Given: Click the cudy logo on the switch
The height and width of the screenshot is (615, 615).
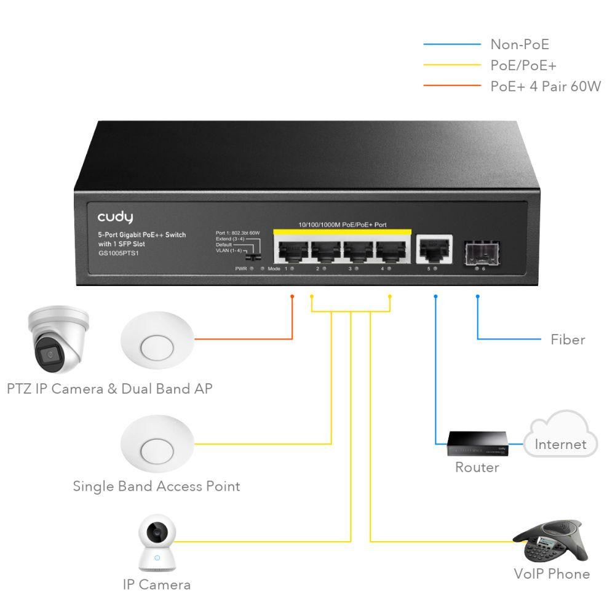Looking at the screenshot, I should pos(115,217).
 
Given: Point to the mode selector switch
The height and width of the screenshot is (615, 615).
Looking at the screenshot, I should pos(252,253).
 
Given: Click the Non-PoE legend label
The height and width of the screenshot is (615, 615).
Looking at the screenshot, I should pos(519,44).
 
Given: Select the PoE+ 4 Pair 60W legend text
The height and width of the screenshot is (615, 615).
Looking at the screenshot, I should pos(545,86).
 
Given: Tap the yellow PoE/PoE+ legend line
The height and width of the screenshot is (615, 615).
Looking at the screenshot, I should pos(451,65).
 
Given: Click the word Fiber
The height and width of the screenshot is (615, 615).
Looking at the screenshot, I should pos(568,339).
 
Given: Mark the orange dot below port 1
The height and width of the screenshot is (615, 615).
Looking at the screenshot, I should pos(292,296).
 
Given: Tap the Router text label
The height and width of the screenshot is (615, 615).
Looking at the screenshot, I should pos(477,467).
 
